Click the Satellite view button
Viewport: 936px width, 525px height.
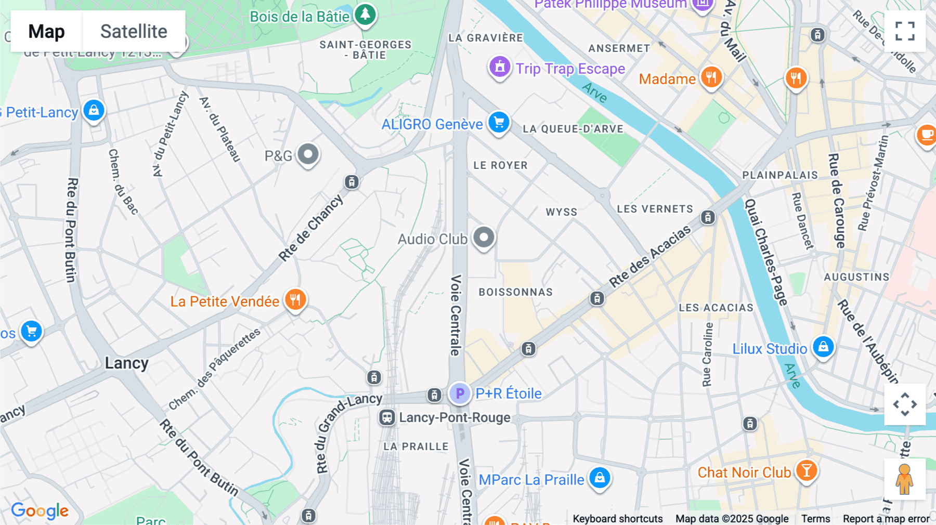(134, 31)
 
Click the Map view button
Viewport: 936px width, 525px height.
(46, 31)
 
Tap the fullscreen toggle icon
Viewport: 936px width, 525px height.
(905, 31)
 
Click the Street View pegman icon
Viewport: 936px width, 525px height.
(904, 479)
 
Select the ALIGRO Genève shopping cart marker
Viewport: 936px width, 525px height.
(499, 123)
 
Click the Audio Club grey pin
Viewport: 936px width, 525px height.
(484, 238)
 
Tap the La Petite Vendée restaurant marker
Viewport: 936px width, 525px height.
(295, 300)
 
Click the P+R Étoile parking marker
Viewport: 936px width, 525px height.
(460, 393)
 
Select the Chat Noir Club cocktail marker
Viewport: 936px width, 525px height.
(806, 471)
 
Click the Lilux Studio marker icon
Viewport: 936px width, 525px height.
(823, 347)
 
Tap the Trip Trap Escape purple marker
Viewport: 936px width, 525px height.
(500, 67)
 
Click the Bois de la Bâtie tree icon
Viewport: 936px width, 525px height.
(365, 14)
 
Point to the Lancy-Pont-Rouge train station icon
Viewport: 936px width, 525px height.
(387, 417)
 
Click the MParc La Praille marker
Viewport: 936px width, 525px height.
(600, 478)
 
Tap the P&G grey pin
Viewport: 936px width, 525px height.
(308, 154)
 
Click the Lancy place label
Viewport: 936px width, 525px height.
(126, 363)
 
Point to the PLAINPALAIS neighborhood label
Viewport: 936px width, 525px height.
(780, 175)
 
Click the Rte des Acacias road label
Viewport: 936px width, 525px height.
(650, 256)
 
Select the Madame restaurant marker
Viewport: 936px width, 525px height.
(711, 78)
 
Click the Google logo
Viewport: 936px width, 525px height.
(40, 510)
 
